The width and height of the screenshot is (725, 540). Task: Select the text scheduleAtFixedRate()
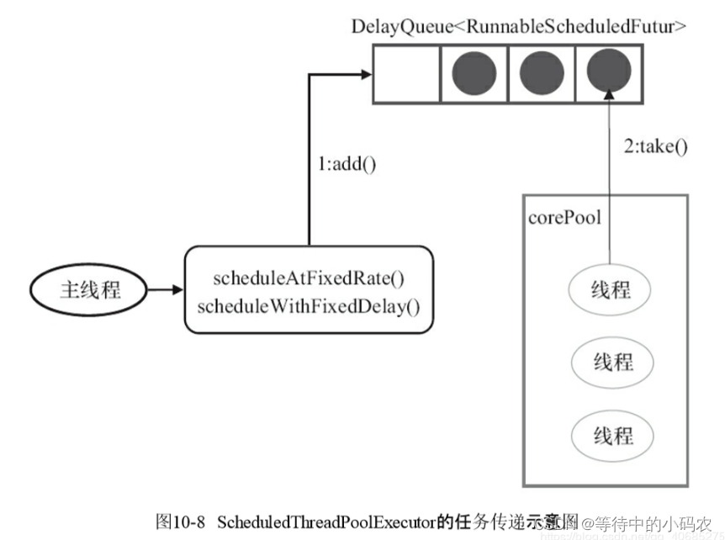pos(309,278)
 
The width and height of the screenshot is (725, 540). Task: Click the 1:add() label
pos(346,164)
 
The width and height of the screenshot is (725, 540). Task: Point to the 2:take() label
pos(656,147)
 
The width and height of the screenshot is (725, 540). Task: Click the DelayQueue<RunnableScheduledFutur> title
pos(518,25)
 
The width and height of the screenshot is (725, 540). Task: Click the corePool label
pos(564,218)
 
